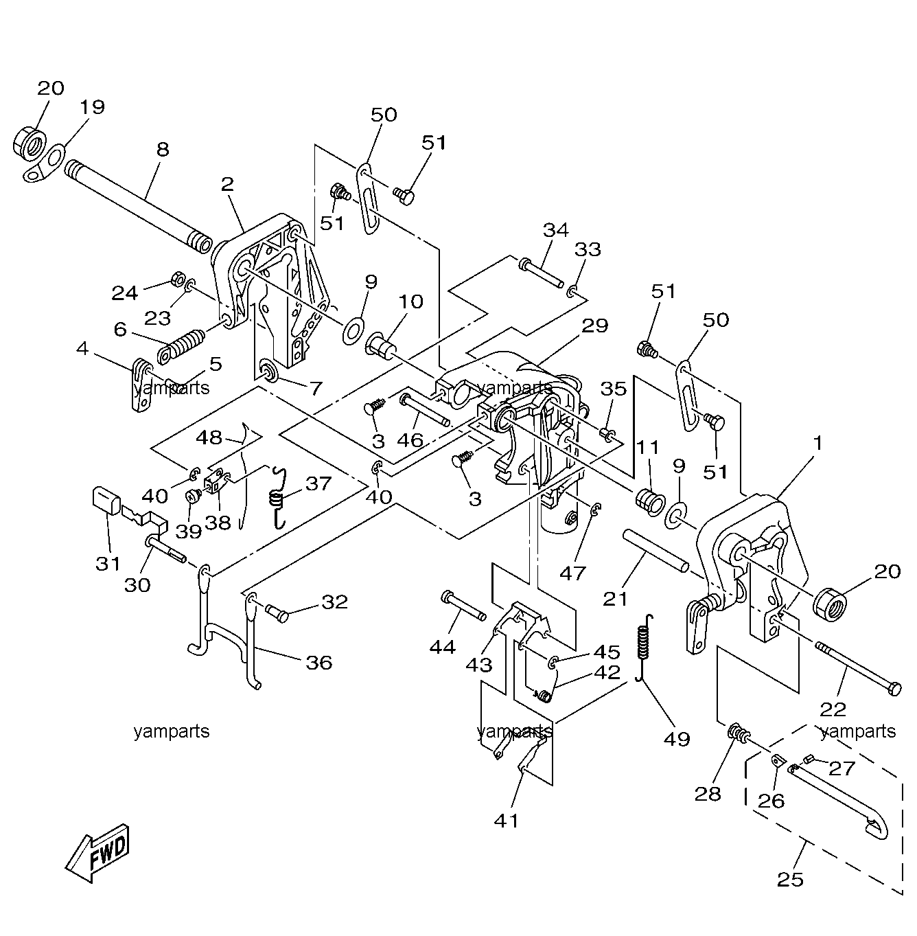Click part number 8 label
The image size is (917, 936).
tap(163, 149)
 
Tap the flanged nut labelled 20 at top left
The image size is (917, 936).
tap(29, 144)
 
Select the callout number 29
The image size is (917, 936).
tap(594, 325)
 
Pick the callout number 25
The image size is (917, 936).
tap(790, 879)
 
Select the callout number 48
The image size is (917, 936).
tap(209, 437)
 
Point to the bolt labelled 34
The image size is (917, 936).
tap(541, 273)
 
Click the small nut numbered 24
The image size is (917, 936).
tap(177, 279)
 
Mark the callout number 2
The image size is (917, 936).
tap(227, 183)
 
